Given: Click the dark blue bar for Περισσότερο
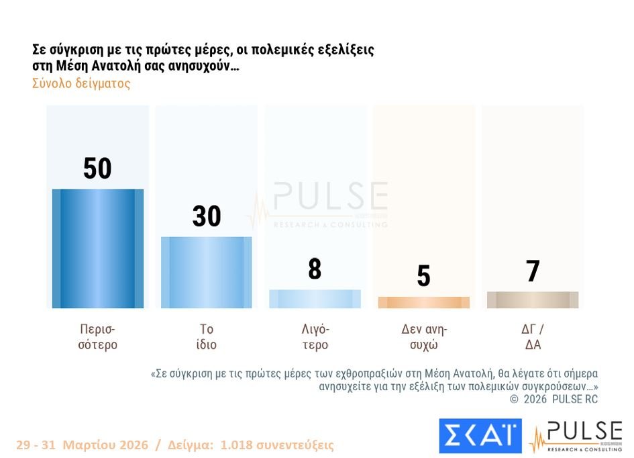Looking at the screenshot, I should coord(98,248).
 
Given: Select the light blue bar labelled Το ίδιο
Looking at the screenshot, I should coord(207,272).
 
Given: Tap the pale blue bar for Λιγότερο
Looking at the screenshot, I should coord(315,299).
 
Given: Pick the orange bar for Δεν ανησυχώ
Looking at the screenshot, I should coord(423,302).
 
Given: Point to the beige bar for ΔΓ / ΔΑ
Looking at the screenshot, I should coord(532,300).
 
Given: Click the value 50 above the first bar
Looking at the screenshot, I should coord(97,168).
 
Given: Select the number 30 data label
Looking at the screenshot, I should coord(207,216).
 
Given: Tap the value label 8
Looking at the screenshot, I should coord(315,269).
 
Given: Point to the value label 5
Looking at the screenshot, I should coord(423,275).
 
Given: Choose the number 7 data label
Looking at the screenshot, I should coord(533,271).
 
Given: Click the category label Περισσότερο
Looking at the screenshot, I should coord(98,337).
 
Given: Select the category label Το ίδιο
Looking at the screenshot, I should coord(207,337).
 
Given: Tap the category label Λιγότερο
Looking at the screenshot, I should coord(315,337).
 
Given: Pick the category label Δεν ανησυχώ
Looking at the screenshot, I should coord(424,337).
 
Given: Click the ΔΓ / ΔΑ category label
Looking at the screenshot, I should coord(532,337).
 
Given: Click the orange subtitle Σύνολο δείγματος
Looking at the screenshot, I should coord(81,84).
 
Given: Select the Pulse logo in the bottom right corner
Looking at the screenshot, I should coord(576,437).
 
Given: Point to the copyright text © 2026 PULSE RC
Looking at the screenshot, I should coord(553,399).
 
